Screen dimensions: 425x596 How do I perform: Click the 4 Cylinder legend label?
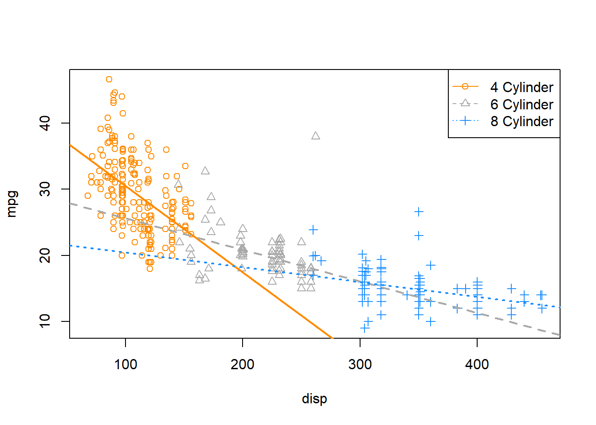pos(521,87)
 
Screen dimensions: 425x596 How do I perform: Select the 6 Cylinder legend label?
pos(521,104)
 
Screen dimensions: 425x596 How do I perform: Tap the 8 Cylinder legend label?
pos(521,121)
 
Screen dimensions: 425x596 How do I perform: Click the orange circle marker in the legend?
pos(465,87)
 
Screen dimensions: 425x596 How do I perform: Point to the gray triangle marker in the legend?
pos(465,104)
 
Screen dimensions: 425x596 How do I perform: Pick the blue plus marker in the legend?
pos(465,120)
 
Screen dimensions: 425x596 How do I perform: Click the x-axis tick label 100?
pos(125,364)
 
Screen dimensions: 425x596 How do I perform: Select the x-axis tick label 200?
pos(243,364)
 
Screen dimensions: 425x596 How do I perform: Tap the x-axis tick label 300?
pos(360,364)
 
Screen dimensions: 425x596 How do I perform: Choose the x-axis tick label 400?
pos(477,364)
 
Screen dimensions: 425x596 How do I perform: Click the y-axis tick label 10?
pos(45,321)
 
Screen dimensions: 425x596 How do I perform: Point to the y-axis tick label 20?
pos(45,255)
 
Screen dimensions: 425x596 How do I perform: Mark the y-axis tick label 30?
pos(45,189)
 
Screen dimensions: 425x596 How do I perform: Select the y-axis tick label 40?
pos(45,123)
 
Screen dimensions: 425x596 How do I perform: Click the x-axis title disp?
pos(314,398)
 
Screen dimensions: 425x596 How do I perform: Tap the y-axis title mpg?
pos(12,204)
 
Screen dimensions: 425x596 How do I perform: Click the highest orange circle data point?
pos(109,79)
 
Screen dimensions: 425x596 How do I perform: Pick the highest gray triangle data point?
pos(316,136)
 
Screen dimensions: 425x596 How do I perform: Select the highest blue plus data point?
pos(419,212)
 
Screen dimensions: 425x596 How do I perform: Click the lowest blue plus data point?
pos(365,328)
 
